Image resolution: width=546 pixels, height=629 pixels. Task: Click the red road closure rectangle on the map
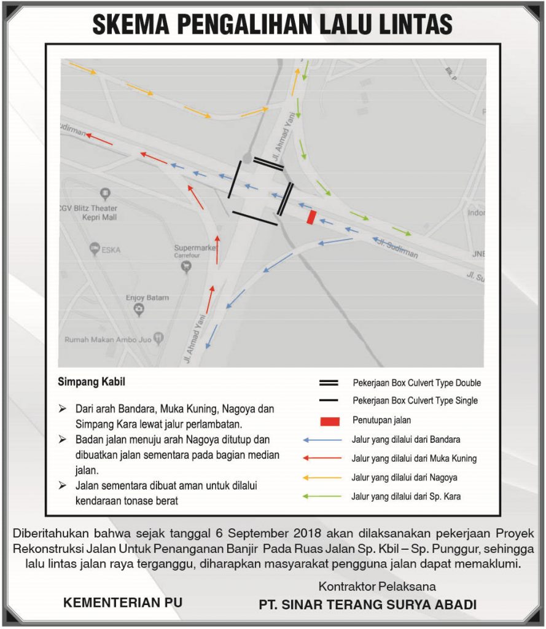(x=311, y=217)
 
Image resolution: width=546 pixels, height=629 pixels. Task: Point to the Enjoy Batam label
(x=147, y=298)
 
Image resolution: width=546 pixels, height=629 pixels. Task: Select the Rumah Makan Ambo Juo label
(x=109, y=339)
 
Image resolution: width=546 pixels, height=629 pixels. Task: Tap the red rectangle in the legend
(x=329, y=421)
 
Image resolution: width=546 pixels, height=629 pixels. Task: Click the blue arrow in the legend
(x=322, y=440)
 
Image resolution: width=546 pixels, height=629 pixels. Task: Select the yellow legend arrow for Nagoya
(x=322, y=477)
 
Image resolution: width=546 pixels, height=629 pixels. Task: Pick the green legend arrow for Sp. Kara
(x=322, y=496)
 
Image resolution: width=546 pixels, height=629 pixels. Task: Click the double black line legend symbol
(x=329, y=383)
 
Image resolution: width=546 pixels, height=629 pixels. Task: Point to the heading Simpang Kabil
(x=91, y=382)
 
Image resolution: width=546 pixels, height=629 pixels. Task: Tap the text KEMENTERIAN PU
(x=123, y=603)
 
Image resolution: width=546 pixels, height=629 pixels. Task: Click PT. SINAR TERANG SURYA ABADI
(x=367, y=604)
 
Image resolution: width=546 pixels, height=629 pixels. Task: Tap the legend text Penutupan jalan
(x=381, y=421)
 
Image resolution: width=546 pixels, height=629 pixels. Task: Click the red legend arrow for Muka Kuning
(x=322, y=458)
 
